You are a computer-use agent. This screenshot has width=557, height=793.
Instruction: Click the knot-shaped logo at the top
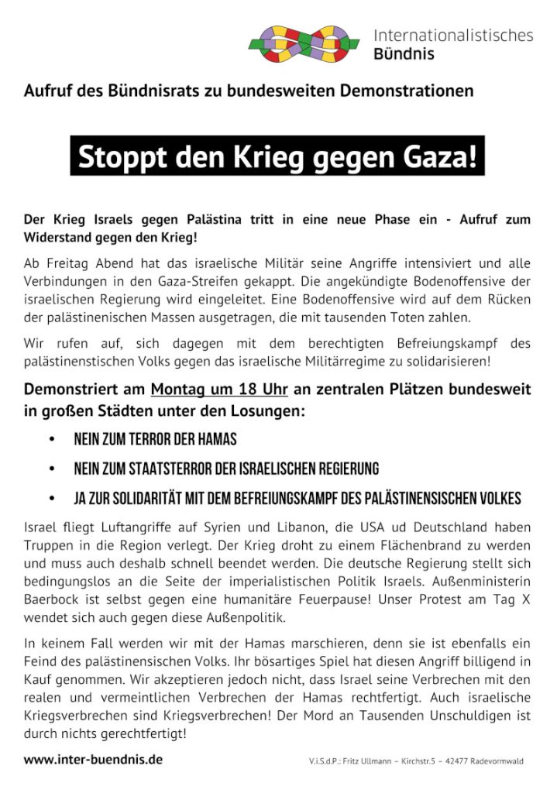[x=304, y=43]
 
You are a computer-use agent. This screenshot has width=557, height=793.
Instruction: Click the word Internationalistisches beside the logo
[x=453, y=35]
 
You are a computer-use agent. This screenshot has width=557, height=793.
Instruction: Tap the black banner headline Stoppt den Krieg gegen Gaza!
[x=277, y=156]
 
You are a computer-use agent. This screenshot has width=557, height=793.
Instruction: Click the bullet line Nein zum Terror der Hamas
[x=155, y=440]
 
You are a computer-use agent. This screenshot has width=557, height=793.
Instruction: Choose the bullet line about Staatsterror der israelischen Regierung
[x=225, y=469]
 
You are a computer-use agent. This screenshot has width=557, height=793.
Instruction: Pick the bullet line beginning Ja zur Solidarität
[x=297, y=497]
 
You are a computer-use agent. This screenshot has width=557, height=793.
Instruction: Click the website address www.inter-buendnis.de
[x=93, y=760]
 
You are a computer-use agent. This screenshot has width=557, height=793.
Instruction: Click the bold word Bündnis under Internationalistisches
[x=404, y=54]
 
